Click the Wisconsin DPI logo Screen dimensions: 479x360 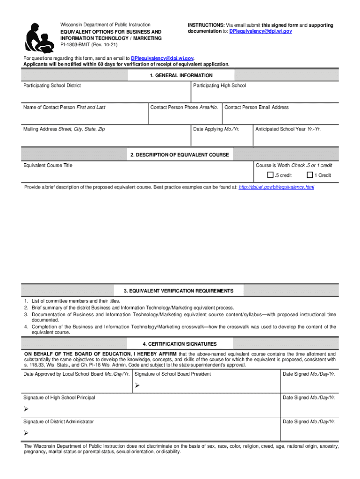(38, 37)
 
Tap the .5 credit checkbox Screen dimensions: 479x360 (270, 175)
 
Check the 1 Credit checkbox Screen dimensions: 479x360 (310, 175)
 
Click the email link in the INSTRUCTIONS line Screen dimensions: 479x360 (260, 31)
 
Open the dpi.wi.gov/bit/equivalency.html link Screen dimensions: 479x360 (276, 187)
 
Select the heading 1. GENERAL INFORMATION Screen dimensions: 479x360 (180, 75)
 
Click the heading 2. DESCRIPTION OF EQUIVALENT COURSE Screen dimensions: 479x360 (180, 155)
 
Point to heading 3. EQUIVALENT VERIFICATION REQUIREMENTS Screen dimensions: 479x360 (180, 291)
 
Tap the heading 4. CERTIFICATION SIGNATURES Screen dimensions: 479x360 (180, 344)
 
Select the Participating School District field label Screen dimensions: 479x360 (52, 86)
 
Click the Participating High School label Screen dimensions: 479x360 (219, 86)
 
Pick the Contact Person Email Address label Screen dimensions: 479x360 (257, 107)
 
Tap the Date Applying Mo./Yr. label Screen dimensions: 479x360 (216, 129)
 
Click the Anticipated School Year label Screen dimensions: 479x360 (288, 129)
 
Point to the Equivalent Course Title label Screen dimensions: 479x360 (48, 165)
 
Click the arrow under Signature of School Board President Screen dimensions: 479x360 (137, 386)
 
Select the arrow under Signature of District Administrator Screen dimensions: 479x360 (26, 433)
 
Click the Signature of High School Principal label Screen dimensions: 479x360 (59, 398)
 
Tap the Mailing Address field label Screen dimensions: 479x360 (64, 129)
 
